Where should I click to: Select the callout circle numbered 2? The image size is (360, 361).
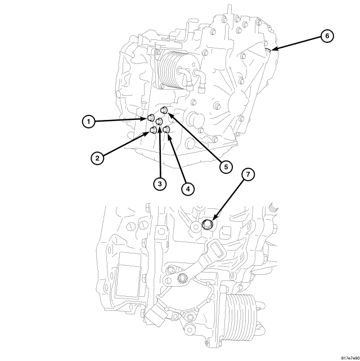pos(98,158)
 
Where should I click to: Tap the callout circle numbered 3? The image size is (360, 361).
pos(160,184)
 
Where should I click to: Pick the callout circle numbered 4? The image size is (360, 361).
pos(187,189)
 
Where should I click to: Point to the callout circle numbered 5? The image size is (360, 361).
pos(226,167)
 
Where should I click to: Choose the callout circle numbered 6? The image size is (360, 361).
pos(326,36)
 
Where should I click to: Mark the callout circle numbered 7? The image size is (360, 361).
pos(248,175)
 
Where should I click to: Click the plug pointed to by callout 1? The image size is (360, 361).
pos(151,118)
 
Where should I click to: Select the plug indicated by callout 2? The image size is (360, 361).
pos(152,132)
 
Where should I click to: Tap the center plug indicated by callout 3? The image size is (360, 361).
pos(159,122)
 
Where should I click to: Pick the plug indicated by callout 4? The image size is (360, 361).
pos(166,131)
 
